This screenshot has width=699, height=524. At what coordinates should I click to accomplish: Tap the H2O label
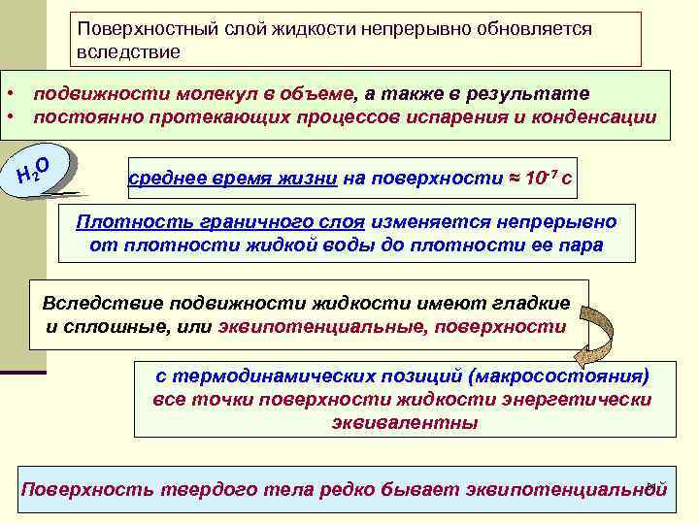42,167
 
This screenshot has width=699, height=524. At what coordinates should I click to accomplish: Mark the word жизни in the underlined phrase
310,180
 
